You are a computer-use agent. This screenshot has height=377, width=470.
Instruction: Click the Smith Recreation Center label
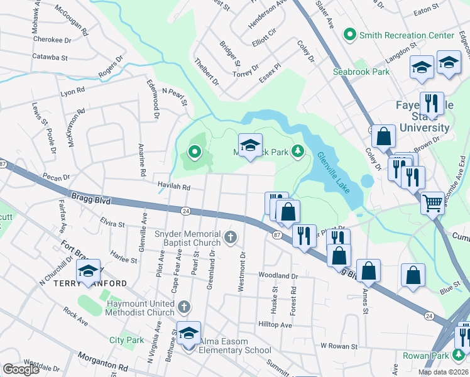click(406, 36)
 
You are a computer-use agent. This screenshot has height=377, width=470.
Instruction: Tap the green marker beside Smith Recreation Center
click(351, 35)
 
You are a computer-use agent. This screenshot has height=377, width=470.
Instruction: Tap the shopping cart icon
click(432, 202)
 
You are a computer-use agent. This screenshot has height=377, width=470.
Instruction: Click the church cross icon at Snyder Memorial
click(231, 238)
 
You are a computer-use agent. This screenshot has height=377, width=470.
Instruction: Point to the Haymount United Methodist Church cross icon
click(183, 307)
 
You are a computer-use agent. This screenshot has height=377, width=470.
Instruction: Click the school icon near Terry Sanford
click(89, 271)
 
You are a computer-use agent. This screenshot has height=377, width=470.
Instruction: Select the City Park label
click(126, 340)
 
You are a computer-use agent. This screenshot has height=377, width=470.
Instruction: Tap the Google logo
click(21, 369)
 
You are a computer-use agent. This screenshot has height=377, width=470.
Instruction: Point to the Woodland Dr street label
click(277, 276)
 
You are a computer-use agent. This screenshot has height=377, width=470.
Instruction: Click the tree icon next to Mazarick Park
click(298, 151)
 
